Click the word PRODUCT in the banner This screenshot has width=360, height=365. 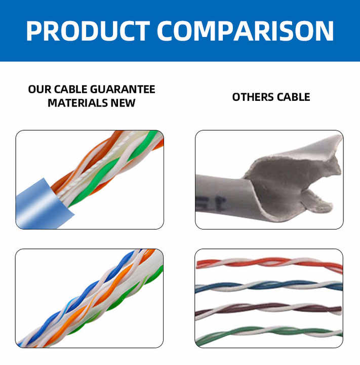pyautogui.click(x=88, y=31)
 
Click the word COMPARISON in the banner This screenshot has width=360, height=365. pyautogui.click(x=246, y=31)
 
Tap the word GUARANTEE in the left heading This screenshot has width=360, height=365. pyautogui.click(x=123, y=89)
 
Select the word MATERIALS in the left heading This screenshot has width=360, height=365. pyautogui.click(x=77, y=103)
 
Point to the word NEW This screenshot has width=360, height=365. pyautogui.click(x=123, y=103)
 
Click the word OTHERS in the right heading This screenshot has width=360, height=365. pyautogui.click(x=253, y=97)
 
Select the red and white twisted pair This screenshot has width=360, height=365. pyautogui.click(x=269, y=264)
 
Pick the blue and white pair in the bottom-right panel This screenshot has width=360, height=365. pyautogui.click(x=269, y=286)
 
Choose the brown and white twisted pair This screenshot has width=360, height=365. pyautogui.click(x=268, y=310)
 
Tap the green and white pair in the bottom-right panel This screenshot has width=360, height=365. pyautogui.click(x=269, y=333)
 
